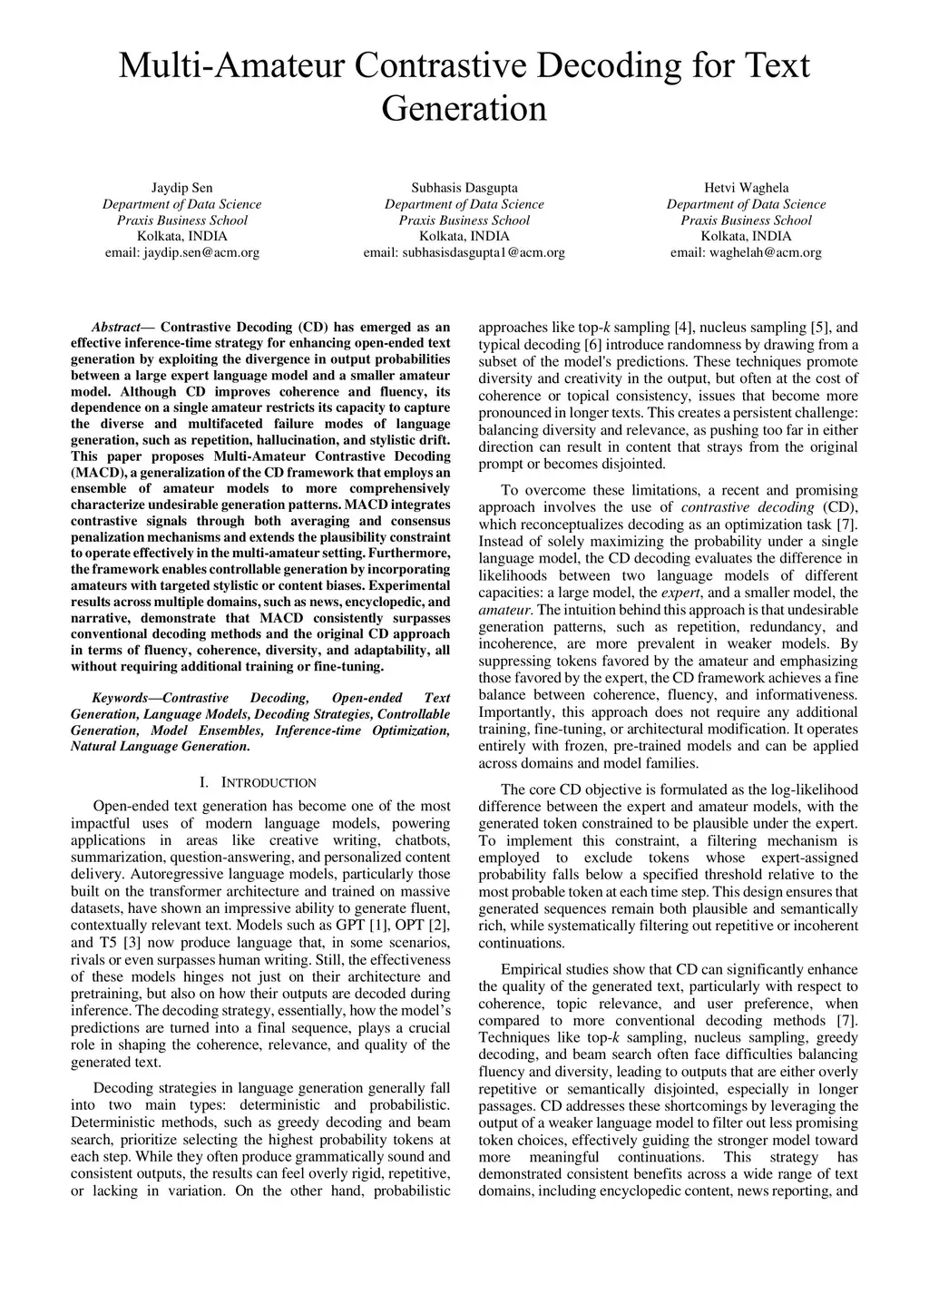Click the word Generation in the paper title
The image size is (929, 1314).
(464, 109)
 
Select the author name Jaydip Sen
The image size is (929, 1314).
(181, 188)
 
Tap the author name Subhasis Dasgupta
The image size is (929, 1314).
(464, 188)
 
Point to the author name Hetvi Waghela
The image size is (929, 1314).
(746, 188)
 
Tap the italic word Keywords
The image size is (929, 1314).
(121, 698)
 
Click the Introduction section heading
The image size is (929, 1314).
(269, 782)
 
